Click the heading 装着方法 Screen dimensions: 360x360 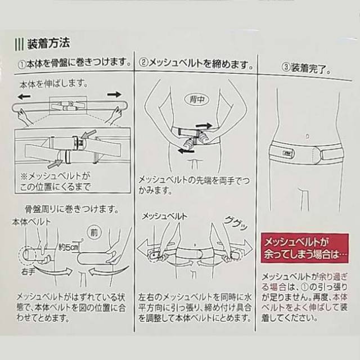(48, 43)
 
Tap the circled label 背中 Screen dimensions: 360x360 (197, 99)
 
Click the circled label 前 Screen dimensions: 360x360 (94, 232)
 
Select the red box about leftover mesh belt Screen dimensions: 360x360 (305, 248)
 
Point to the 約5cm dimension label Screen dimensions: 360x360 (69, 247)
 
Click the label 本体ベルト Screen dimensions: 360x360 (31, 222)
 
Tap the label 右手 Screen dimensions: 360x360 (28, 272)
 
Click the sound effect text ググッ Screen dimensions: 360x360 (236, 222)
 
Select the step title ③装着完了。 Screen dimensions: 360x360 (306, 68)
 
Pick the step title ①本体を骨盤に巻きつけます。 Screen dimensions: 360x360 (74, 63)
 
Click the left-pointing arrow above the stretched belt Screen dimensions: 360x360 (24, 96)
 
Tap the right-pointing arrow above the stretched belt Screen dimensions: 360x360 (114, 94)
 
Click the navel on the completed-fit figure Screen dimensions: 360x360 (308, 137)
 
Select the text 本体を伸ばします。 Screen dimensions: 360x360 (54, 84)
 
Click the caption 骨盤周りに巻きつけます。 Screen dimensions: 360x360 (72, 209)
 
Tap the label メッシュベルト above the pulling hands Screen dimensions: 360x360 (165, 217)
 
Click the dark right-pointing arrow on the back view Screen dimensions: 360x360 (204, 126)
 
